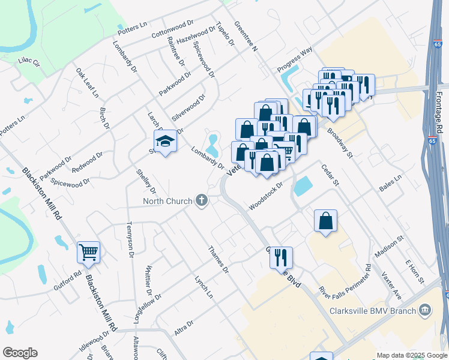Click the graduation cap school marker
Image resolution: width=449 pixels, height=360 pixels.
click(165, 141)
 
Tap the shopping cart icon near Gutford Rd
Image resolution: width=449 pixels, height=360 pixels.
click(88, 253)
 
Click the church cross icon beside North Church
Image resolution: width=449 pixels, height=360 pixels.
click(202, 200)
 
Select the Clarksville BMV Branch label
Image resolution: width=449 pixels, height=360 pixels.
click(373, 311)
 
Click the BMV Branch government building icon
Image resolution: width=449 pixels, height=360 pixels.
click(425, 310)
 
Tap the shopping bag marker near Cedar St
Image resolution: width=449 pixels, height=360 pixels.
click(325, 220)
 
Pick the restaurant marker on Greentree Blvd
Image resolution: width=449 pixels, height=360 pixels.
click(281, 257)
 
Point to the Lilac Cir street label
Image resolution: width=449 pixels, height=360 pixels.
click(28, 61)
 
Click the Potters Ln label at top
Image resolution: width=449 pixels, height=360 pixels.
click(133, 28)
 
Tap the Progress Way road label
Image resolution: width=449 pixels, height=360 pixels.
click(295, 59)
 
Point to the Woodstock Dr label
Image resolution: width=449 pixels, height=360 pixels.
click(265, 194)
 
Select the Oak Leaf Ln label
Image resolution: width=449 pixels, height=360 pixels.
click(87, 82)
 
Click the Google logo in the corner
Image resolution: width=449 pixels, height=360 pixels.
click(20, 353)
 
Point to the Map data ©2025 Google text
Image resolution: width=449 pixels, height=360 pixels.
click(411, 355)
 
